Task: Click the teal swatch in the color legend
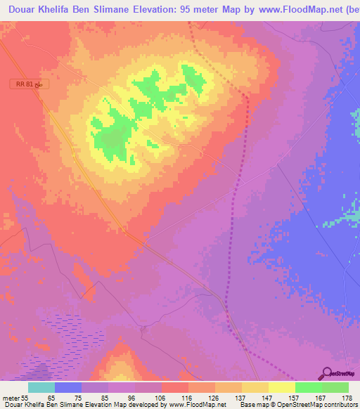[x=41, y=387]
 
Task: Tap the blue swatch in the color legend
[x=68, y=387]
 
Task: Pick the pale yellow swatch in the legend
[x=281, y=387]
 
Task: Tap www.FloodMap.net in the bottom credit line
[x=197, y=405]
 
